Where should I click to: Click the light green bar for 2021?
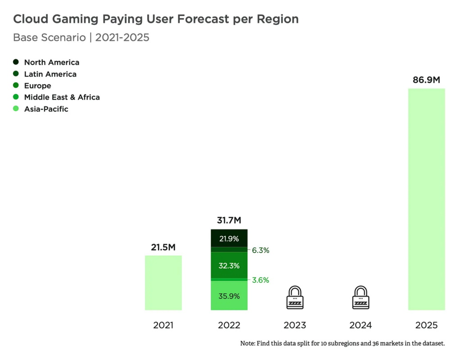click(x=163, y=283)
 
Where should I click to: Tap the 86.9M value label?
click(x=426, y=80)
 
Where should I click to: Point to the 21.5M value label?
click(x=163, y=247)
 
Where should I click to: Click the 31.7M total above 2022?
click(x=229, y=220)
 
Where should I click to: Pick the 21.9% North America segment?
click(x=229, y=238)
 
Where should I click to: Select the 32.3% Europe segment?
click(x=229, y=265)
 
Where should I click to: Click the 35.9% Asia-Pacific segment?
click(x=229, y=296)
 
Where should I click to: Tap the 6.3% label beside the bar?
click(x=261, y=250)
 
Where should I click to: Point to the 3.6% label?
click(x=261, y=280)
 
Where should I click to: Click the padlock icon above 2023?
click(x=295, y=297)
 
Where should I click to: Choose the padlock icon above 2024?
click(x=361, y=297)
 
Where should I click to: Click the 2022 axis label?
click(x=229, y=325)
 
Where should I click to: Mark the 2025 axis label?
click(x=426, y=325)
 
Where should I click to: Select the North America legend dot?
click(x=16, y=62)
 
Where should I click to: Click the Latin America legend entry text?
click(x=50, y=74)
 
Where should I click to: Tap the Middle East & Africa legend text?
click(x=62, y=97)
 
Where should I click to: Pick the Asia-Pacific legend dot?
click(x=16, y=109)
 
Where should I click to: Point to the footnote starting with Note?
click(x=342, y=343)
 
